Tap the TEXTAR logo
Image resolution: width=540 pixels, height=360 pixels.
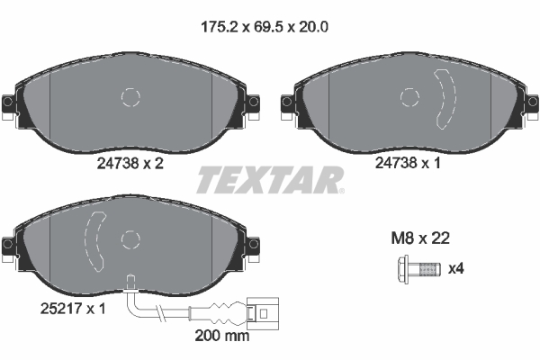click(x=270, y=179)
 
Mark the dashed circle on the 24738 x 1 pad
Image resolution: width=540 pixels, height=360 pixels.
click(x=410, y=97)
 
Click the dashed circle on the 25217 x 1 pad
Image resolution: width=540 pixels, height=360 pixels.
click(x=131, y=238)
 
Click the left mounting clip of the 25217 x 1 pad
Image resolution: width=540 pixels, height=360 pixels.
click(x=8, y=245)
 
